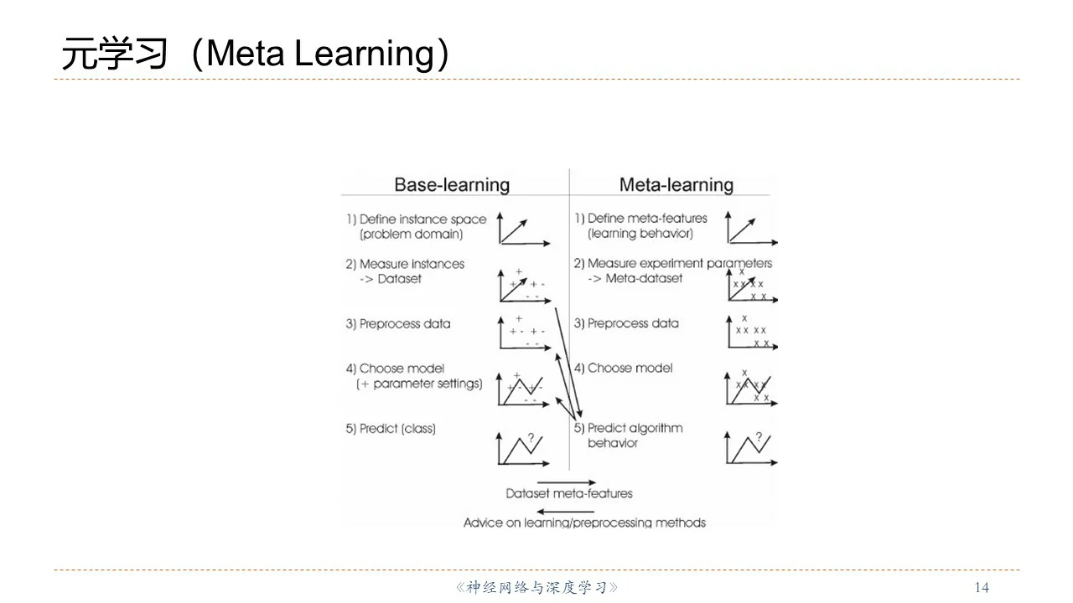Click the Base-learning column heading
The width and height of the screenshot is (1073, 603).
452,185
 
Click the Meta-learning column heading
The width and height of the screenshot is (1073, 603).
676,185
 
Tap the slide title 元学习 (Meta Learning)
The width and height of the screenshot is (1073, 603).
256,54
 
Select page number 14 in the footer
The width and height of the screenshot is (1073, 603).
982,587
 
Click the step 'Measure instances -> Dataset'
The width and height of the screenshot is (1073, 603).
412,271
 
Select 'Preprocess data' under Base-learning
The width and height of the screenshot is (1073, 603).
404,324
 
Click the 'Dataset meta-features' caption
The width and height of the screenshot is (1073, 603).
569,494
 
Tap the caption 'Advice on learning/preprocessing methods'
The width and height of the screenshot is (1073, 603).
584,523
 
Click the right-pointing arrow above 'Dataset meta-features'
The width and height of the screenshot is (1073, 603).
566,482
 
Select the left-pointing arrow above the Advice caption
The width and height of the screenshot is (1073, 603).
566,511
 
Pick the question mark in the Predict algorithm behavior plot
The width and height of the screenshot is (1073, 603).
759,437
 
